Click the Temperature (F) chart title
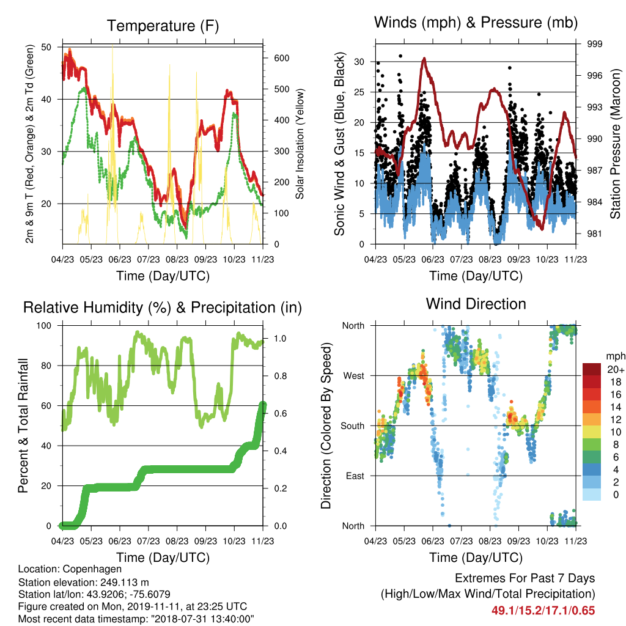click(x=163, y=26)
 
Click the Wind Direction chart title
click(x=476, y=304)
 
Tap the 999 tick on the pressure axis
click(x=594, y=44)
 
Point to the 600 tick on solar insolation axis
click(x=281, y=58)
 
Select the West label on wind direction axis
click(x=353, y=376)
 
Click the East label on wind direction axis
click(x=355, y=476)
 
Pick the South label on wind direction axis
click(x=352, y=426)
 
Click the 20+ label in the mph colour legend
click(x=615, y=369)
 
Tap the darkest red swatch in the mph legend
click(x=592, y=369)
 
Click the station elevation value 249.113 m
click(x=124, y=582)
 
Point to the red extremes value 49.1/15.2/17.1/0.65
click(x=543, y=611)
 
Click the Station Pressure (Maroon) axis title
click(x=615, y=144)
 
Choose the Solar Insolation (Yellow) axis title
click(x=300, y=144)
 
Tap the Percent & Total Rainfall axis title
click(x=23, y=425)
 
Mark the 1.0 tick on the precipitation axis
click(x=280, y=339)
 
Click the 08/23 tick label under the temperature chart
click(x=177, y=259)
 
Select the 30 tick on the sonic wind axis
click(x=359, y=62)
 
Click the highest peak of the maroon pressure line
click(x=424, y=59)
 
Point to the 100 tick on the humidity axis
click(x=44, y=326)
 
